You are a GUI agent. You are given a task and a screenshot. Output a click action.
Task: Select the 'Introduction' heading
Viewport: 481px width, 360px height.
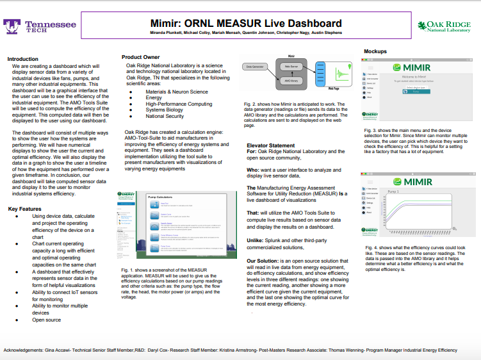[23, 59]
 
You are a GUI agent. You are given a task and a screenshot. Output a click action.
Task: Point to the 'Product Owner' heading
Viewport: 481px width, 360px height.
[141, 57]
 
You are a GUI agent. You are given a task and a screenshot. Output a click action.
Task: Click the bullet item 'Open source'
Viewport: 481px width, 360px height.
[46, 320]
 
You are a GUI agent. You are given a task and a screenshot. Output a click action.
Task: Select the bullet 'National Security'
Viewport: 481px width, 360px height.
[165, 117]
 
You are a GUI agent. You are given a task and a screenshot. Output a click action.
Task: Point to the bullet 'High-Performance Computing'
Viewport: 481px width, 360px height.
[179, 104]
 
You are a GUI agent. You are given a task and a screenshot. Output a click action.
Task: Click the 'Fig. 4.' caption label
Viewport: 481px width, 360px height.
[373, 247]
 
